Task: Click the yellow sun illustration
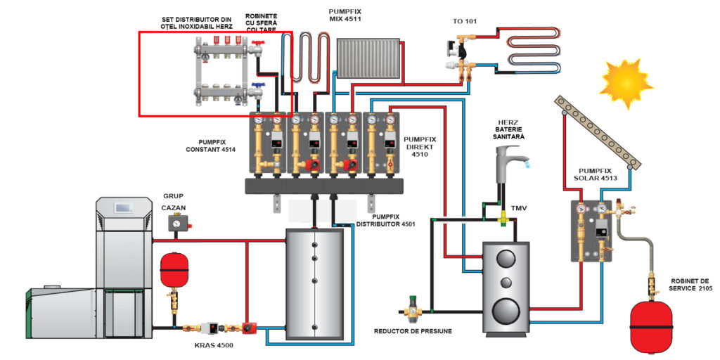tap(626, 84)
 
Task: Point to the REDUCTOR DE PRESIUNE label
tap(413, 330)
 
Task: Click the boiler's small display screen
tap(124, 208)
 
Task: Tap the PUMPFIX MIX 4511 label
tap(345, 14)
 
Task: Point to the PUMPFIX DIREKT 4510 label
tap(420, 146)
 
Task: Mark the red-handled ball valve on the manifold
tap(257, 46)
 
